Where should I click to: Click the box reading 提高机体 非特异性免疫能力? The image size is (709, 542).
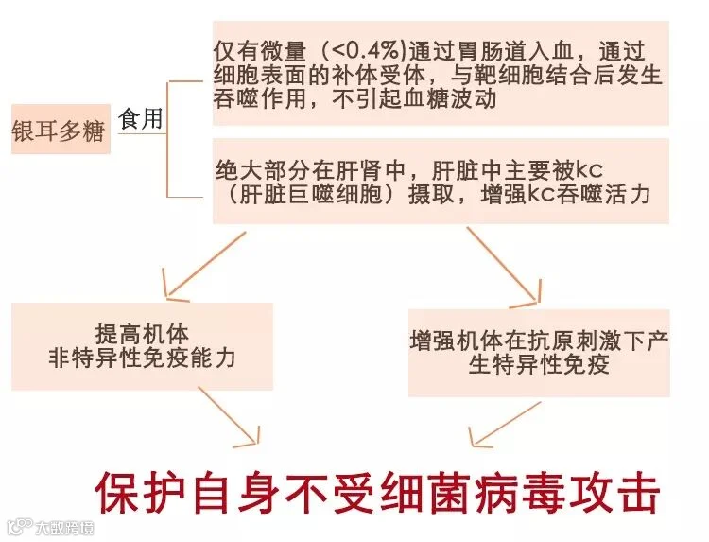142,346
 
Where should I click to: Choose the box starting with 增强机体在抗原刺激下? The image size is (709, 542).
540,351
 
